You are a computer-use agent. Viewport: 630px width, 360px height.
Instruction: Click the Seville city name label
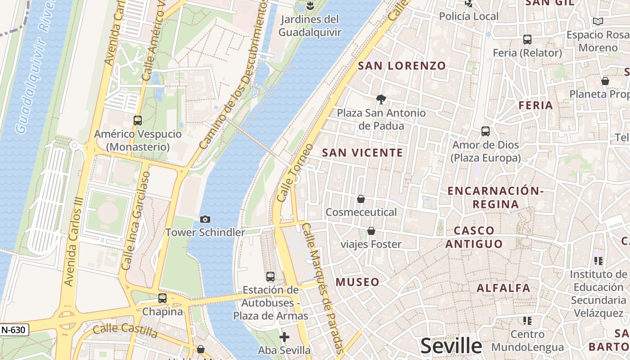tap(451, 346)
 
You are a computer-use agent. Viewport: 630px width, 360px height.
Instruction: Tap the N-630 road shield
tap(13, 330)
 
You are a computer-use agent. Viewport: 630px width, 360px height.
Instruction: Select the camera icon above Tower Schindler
tap(205, 219)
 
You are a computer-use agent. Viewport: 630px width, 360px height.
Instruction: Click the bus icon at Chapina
tap(162, 298)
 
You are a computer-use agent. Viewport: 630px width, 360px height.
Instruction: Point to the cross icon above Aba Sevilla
tap(284, 337)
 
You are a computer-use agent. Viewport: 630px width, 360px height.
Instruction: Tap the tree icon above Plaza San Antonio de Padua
tap(381, 99)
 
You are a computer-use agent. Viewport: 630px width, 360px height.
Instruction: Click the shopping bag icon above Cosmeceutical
tap(361, 198)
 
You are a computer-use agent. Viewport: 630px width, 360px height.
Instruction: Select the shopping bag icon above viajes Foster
tap(371, 231)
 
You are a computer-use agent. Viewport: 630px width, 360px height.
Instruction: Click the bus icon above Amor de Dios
tap(486, 131)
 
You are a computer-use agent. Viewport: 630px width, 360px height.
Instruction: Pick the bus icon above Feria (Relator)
tap(527, 40)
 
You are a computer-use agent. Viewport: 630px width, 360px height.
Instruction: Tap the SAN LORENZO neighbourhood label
tap(402, 66)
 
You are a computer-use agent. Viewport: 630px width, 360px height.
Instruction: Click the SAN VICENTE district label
tap(363, 153)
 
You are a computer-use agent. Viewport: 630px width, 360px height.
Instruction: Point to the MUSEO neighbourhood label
tap(357, 282)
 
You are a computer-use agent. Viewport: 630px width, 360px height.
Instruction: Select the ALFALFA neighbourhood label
tap(504, 288)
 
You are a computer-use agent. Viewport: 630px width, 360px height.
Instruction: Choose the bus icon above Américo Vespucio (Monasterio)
tap(138, 121)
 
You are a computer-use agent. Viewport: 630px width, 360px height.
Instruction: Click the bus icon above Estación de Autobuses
tap(270, 277)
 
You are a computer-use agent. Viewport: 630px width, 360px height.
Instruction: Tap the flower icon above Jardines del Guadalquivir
tap(310, 5)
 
